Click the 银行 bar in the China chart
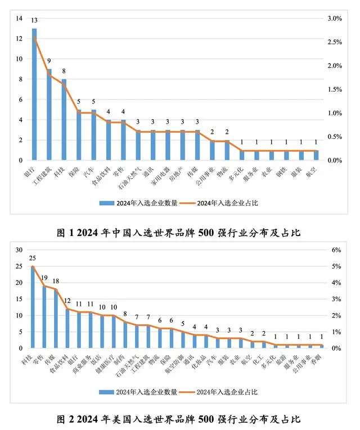pos(34,96)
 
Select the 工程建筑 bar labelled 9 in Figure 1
pos(49,115)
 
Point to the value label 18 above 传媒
pos(56,282)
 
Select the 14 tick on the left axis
pos(19,19)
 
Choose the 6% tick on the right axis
pos(336,250)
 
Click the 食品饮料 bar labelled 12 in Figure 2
pos(68,328)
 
